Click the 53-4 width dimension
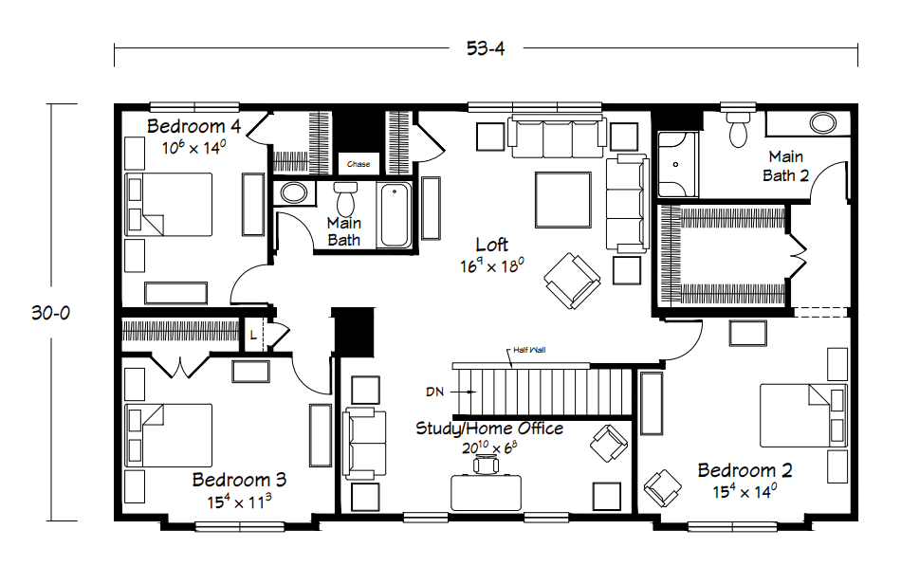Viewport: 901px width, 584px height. (485, 49)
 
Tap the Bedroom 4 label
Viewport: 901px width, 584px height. (194, 127)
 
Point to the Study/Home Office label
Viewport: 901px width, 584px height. (489, 429)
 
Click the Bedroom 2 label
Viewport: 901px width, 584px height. (745, 470)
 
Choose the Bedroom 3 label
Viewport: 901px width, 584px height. (239, 480)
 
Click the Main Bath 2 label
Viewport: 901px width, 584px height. (785, 166)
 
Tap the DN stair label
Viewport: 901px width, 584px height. (435, 390)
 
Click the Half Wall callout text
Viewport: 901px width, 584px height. (527, 350)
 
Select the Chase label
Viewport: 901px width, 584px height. (359, 164)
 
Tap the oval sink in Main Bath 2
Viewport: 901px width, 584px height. (821, 123)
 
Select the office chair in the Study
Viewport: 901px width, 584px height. (488, 464)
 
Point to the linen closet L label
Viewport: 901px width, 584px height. (252, 334)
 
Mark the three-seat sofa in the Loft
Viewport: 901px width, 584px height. (558, 137)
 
